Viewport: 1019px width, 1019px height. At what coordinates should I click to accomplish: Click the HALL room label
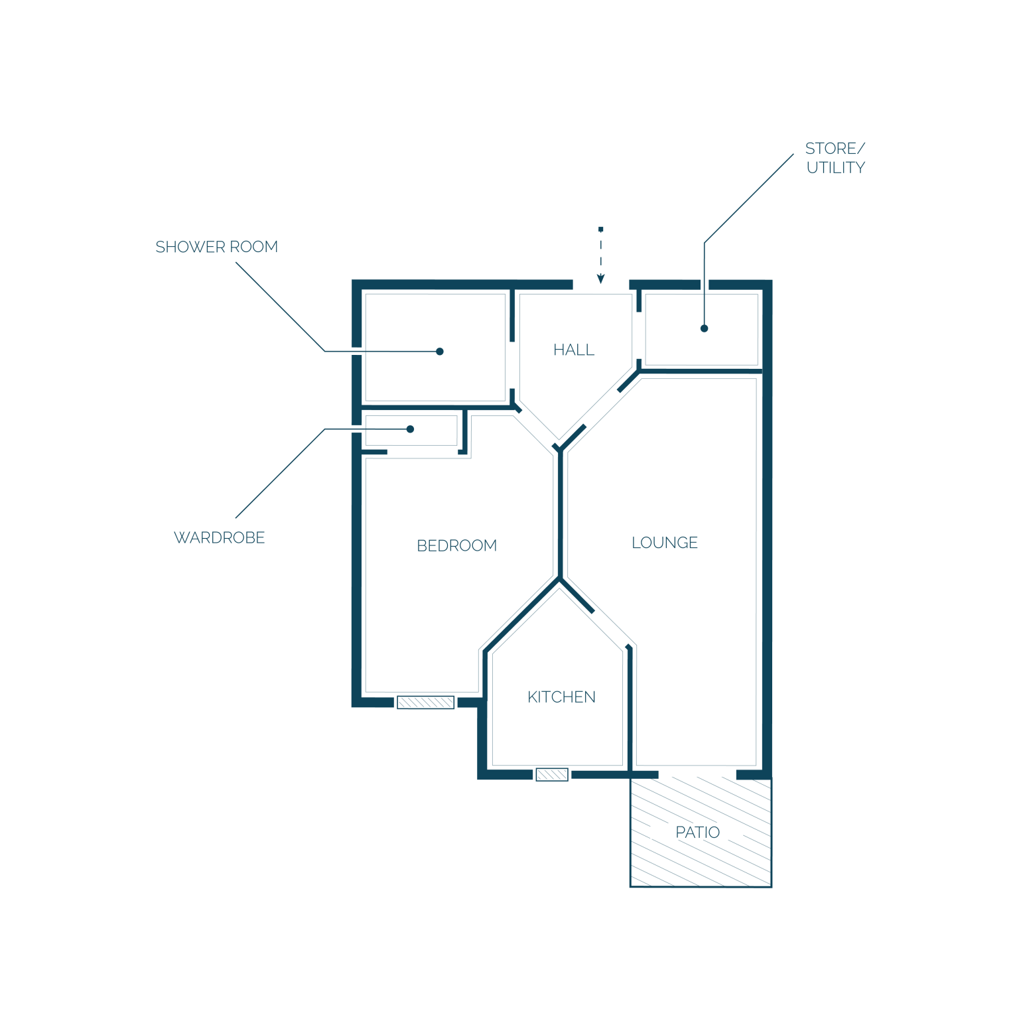(574, 350)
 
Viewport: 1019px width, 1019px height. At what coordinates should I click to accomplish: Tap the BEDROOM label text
(456, 545)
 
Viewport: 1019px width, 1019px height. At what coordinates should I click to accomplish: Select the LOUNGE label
(665, 543)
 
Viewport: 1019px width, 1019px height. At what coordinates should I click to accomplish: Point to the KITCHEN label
(561, 697)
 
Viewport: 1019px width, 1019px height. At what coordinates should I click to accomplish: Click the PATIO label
(697, 832)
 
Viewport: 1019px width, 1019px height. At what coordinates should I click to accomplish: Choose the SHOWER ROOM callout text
(216, 247)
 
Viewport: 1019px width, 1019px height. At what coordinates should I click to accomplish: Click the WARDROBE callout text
(219, 537)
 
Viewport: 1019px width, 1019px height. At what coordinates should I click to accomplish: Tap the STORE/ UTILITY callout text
(835, 158)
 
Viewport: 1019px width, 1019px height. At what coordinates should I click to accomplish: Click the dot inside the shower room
(440, 352)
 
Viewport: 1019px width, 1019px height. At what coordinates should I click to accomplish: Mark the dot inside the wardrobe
(410, 429)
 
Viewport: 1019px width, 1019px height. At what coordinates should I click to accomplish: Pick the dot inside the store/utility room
(705, 328)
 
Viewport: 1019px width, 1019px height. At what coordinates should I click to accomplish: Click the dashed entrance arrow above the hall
(600, 255)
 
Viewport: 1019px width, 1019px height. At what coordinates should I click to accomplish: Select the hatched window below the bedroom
(425, 703)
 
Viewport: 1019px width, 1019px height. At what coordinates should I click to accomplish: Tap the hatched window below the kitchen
(552, 774)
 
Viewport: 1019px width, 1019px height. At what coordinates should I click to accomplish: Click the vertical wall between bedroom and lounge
(561, 515)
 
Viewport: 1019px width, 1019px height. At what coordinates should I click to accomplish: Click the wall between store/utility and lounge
(701, 371)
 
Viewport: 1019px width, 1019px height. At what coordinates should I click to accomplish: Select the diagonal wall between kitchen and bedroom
(522, 615)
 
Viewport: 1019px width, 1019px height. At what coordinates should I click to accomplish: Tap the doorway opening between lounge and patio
(697, 774)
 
